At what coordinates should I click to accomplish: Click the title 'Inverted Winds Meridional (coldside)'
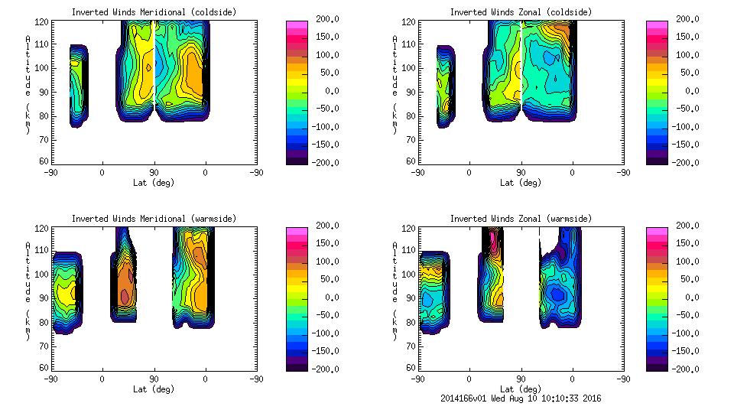(154, 11)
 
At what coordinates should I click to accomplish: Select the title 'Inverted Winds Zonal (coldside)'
(521, 11)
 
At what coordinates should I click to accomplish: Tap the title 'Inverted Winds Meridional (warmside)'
(154, 219)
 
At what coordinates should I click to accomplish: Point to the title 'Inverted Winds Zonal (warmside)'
(521, 219)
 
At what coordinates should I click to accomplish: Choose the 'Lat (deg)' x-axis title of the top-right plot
(521, 183)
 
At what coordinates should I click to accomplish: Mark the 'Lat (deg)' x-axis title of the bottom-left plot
(154, 389)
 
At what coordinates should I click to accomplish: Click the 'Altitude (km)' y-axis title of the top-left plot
(28, 84)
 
